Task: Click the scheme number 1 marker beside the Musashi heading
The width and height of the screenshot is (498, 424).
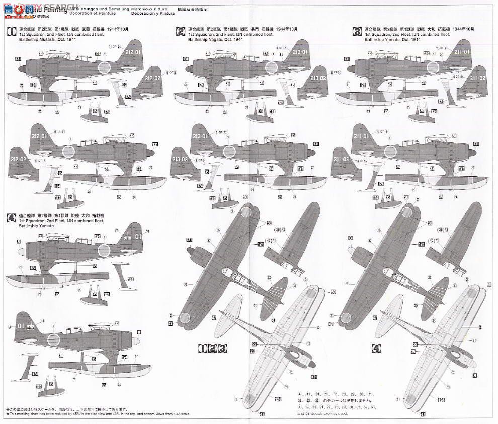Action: (x=10, y=31)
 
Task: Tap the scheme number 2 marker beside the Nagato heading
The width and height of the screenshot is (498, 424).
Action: (x=181, y=31)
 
